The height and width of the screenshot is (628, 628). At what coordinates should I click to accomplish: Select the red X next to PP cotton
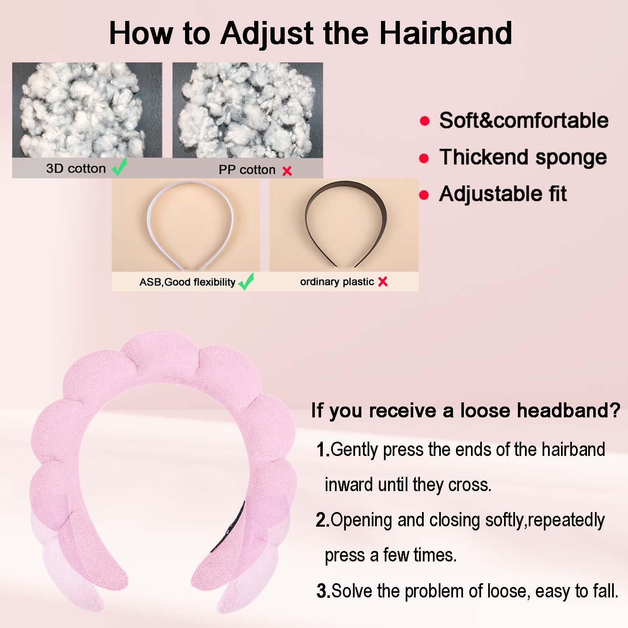point(287,171)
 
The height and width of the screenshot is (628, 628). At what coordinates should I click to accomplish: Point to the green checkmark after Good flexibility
point(246,281)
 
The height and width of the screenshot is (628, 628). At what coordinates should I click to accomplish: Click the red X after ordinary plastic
point(383,282)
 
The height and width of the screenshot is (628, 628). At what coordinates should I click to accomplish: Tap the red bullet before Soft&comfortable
point(425,121)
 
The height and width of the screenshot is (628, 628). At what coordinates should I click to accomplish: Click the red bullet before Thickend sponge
point(424,158)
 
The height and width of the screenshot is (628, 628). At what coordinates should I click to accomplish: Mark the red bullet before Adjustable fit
point(424,195)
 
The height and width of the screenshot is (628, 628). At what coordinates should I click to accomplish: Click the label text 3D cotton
point(76,168)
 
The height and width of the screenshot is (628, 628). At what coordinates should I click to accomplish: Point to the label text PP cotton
point(247,170)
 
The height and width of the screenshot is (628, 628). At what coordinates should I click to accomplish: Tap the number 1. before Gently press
point(323,450)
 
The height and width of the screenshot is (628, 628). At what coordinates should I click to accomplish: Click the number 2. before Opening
point(323,520)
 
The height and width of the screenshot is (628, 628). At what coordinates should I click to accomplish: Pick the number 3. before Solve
point(323,591)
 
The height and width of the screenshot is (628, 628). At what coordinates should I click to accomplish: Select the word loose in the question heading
point(485,410)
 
